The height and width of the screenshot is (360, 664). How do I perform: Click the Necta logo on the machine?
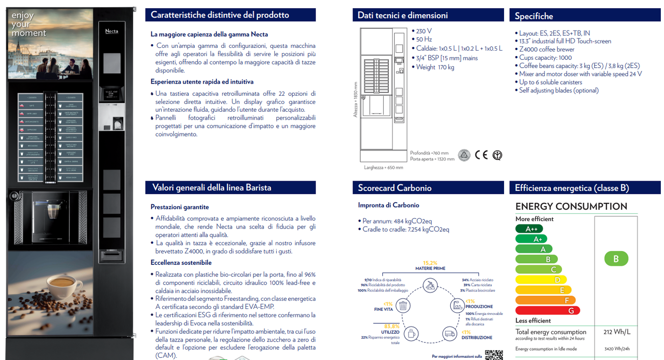[112, 31]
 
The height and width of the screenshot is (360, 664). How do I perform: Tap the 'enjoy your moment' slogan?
[28, 24]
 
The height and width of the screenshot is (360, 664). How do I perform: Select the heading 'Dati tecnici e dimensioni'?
[403, 15]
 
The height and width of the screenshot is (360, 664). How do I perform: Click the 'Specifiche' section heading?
[533, 16]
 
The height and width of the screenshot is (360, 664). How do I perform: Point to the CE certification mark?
[481, 154]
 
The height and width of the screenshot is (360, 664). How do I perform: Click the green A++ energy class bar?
[532, 229]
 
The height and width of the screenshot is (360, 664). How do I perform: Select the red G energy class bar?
[548, 310]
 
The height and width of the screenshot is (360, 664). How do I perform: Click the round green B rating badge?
[616, 259]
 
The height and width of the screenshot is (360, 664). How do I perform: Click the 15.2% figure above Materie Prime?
[430, 263]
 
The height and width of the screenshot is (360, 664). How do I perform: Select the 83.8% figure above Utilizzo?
[392, 326]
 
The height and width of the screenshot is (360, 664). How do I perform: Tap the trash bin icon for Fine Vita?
[403, 305]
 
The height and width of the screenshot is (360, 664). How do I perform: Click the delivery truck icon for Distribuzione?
[449, 334]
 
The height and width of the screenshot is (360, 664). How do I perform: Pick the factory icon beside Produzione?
[457, 305]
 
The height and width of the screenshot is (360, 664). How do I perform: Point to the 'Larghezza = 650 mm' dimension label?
[383, 167]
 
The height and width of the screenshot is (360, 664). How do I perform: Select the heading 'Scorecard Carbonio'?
[395, 188]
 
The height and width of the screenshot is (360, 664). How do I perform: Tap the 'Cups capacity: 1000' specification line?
[545, 57]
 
